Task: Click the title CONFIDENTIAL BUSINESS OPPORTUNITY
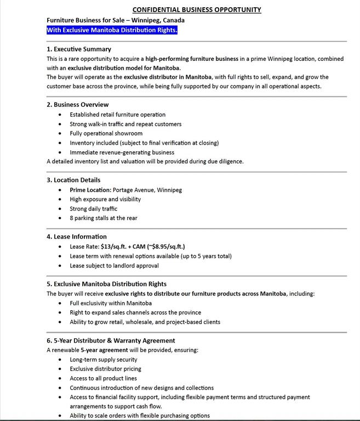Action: (197, 9)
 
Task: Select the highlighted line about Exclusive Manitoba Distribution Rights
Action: (112, 30)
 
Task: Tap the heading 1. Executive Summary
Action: (79, 49)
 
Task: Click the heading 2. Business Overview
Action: (78, 104)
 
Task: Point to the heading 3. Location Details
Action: (73, 180)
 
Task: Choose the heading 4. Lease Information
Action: (77, 237)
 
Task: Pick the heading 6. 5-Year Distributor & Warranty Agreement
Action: (111, 340)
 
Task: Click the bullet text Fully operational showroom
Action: (106, 133)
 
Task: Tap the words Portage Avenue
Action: (133, 190)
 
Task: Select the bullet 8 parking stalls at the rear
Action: (104, 218)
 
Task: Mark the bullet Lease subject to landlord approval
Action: (114, 265)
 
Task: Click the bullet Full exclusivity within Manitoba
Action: (111, 303)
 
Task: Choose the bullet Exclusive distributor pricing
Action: (105, 369)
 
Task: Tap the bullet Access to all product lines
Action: (103, 378)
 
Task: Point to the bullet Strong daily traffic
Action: (93, 208)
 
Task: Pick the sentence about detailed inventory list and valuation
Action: (145, 161)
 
